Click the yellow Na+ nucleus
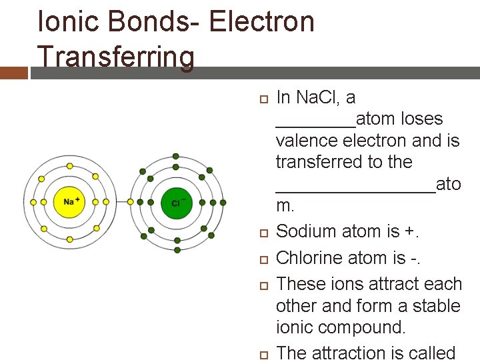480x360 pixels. click(69, 202)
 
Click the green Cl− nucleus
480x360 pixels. click(176, 203)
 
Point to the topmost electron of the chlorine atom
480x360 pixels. click(176, 157)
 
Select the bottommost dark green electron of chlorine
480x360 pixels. click(177, 250)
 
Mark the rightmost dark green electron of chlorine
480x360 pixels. click(223, 203)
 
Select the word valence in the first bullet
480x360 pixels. click(306, 141)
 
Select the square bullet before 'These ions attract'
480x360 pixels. click(262, 285)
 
